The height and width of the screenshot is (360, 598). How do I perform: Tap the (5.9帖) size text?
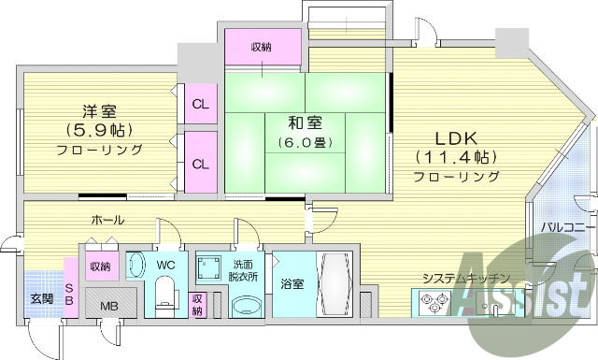click(98, 129)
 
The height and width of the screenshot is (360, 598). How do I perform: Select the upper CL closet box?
click(200, 103)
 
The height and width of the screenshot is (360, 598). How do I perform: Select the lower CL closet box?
click(200, 163)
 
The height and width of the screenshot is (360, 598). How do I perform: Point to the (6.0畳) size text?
click(306, 142)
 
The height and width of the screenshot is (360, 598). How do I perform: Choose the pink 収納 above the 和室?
click(262, 46)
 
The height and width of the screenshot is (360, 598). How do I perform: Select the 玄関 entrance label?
click(42, 298)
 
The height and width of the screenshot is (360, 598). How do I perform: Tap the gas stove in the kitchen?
click(435, 302)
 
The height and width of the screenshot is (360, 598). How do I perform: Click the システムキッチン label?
click(464, 279)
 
